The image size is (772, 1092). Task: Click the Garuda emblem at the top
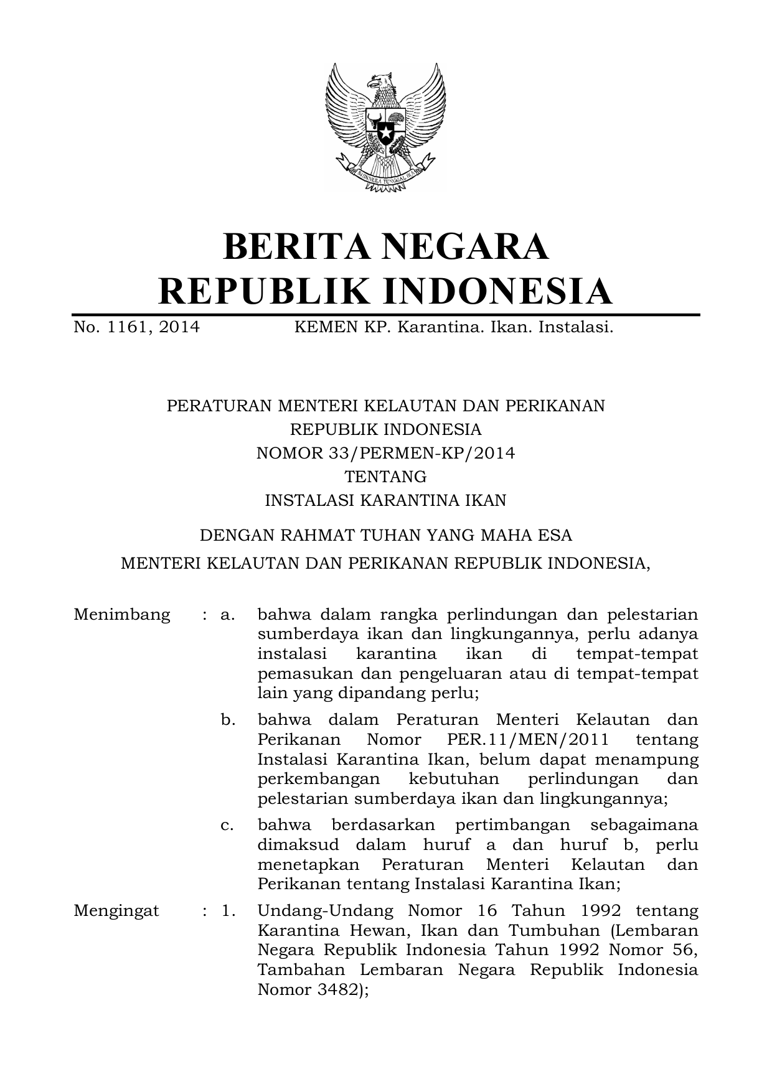pyautogui.click(x=385, y=128)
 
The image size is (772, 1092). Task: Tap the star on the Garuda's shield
pyautogui.click(x=385, y=133)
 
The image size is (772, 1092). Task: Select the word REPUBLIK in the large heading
pyautogui.click(x=257, y=291)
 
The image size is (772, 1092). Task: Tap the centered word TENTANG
pyautogui.click(x=385, y=477)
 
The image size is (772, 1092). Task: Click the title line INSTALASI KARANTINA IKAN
pyautogui.click(x=385, y=500)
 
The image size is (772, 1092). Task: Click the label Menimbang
pyautogui.click(x=121, y=615)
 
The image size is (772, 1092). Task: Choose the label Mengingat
pyautogui.click(x=116, y=911)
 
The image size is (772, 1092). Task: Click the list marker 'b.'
pyautogui.click(x=228, y=720)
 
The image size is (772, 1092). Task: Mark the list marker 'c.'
pyautogui.click(x=228, y=825)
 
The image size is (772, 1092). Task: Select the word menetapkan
pyautogui.click(x=308, y=865)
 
